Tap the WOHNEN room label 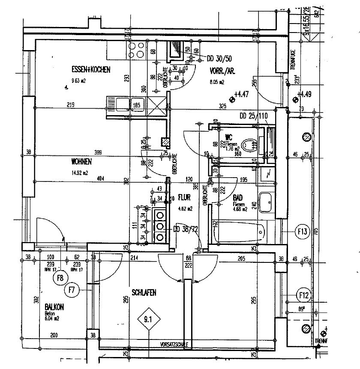click(81, 162)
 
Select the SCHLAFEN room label click(144, 293)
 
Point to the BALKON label click(54, 307)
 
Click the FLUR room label click(184, 198)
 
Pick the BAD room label click(238, 199)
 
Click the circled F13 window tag click(303, 232)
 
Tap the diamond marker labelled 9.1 click(148, 318)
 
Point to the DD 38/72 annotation click(186, 229)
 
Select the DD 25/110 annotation click(253, 116)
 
